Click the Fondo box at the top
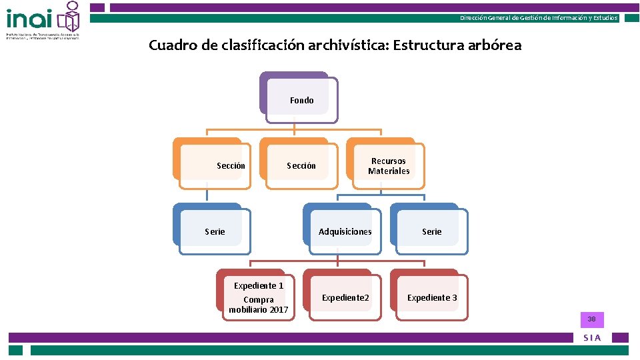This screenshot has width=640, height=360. [301, 100]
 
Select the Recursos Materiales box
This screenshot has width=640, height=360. [389, 166]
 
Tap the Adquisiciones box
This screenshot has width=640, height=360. [345, 231]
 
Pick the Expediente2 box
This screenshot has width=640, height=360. [345, 297]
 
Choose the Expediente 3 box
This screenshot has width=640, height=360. [432, 297]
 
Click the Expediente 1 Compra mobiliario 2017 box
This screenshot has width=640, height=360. [259, 297]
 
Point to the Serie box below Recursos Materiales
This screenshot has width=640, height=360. [432, 231]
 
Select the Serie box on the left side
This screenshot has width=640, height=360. [215, 231]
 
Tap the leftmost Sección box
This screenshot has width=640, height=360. [231, 165]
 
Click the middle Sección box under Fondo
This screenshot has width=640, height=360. [301, 165]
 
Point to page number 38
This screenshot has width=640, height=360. [591, 319]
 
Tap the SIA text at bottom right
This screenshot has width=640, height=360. [592, 338]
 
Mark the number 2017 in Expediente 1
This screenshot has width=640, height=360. [279, 309]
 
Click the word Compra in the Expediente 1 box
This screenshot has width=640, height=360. [259, 299]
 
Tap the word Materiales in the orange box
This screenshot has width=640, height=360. [389, 171]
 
